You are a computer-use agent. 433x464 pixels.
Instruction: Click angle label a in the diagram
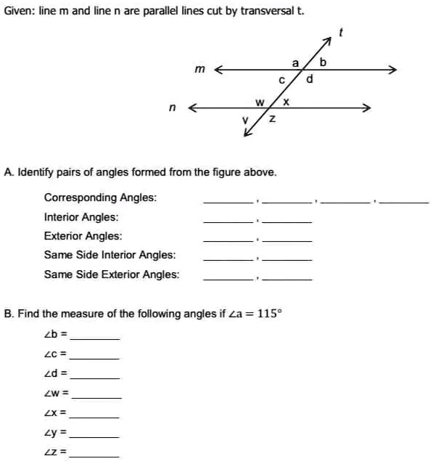pos(295,63)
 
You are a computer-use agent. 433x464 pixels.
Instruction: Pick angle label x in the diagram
pos(286,102)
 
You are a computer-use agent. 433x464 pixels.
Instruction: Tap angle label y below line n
pos(246,119)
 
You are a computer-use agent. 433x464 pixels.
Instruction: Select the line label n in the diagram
pos(171,107)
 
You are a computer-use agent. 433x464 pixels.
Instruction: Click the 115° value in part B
pos(271,314)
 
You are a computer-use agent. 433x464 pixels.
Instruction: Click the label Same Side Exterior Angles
pos(112,274)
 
